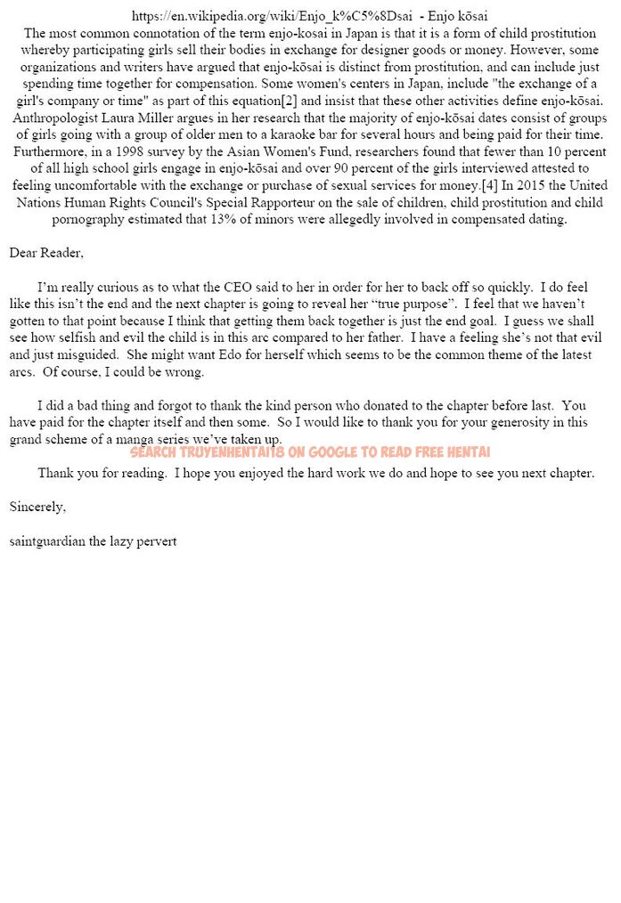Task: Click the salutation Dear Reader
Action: click(x=46, y=253)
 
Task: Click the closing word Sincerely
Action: click(x=37, y=507)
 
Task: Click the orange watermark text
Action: click(x=310, y=452)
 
